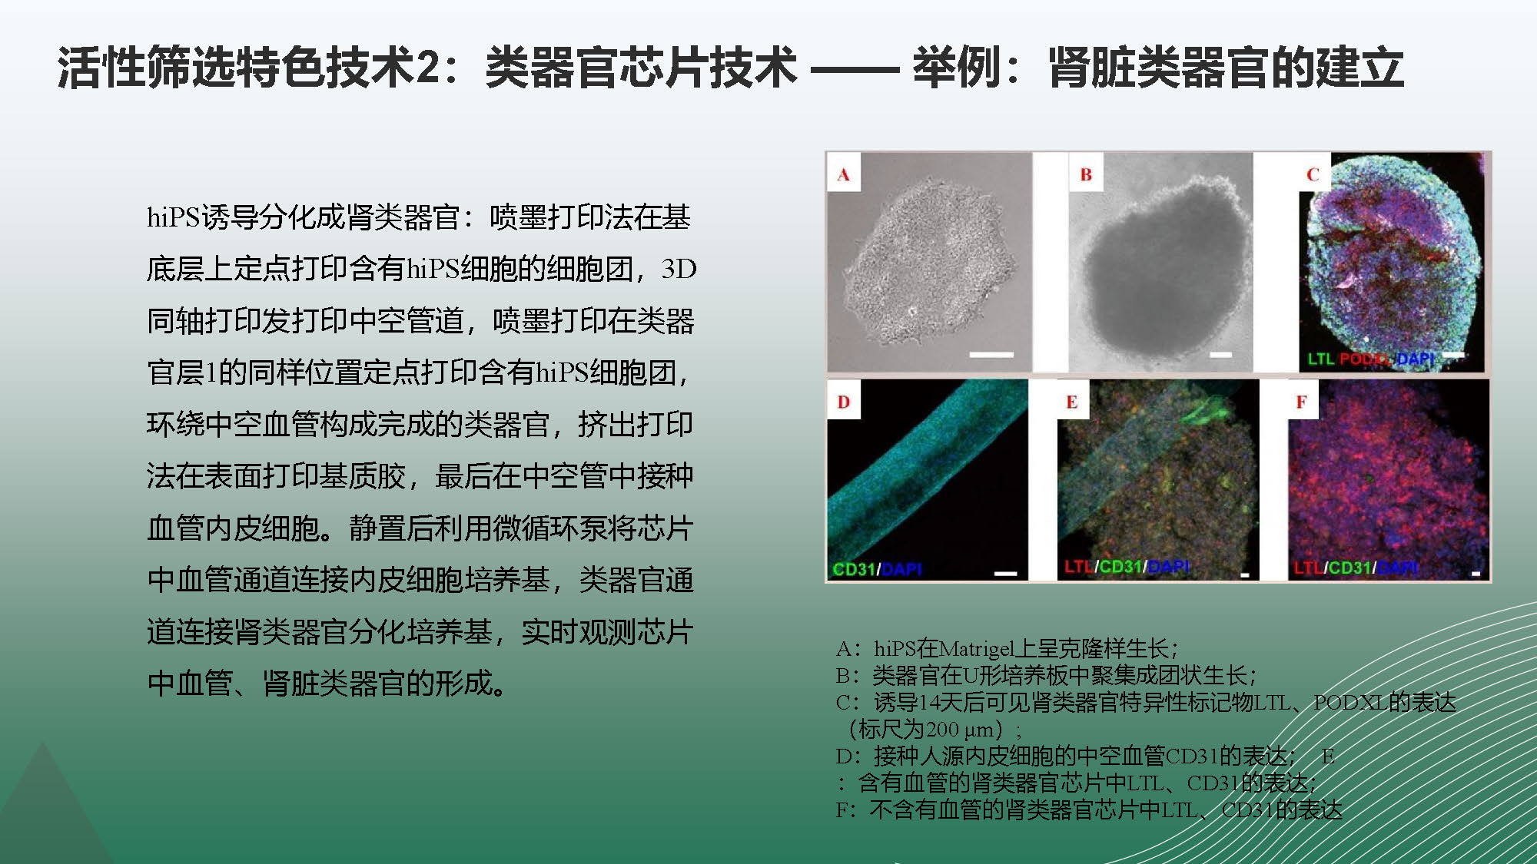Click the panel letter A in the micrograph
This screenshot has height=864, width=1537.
coord(843,175)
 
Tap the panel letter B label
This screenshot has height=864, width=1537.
coord(1085,175)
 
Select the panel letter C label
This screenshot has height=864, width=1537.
coord(1313,175)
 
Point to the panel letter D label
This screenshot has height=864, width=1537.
coord(843,402)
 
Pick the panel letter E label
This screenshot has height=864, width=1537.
coord(1071,402)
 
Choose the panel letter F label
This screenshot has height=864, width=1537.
coord(1301,402)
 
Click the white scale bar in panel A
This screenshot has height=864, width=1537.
coord(991,355)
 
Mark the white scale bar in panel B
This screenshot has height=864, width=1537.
coord(1220,355)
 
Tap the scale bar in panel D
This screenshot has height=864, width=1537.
coord(1005,573)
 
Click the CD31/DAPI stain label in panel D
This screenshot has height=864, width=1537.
coord(877,569)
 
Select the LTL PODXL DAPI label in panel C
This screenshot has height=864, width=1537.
coord(1371,359)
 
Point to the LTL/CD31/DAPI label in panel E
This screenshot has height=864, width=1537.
coord(1127,567)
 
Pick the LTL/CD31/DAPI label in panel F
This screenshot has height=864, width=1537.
coord(1356,568)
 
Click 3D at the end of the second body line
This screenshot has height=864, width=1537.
coord(679,269)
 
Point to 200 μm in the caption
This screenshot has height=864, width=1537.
coord(961,729)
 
